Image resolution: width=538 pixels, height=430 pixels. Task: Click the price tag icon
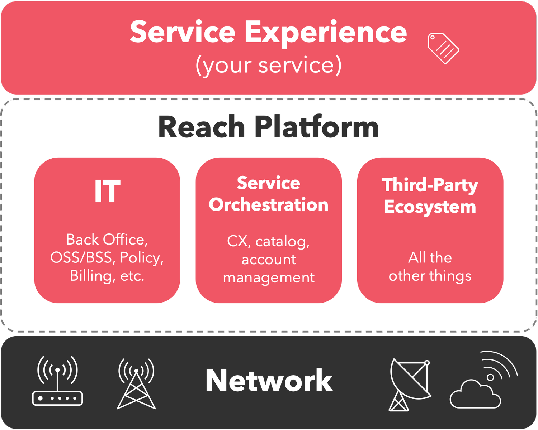pyautogui.click(x=443, y=48)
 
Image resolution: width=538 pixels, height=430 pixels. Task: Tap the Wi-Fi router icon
pyautogui.click(x=57, y=381)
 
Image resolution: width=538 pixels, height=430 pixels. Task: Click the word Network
pyautogui.click(x=269, y=381)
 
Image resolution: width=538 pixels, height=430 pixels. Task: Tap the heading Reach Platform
pyautogui.click(x=268, y=127)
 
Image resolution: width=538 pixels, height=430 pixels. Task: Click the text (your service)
pyautogui.click(x=268, y=66)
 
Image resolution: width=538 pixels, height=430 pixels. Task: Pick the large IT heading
pyautogui.click(x=107, y=192)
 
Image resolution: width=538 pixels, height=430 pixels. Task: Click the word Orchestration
pyautogui.click(x=268, y=205)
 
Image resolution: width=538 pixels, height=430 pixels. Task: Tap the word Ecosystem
pyautogui.click(x=430, y=207)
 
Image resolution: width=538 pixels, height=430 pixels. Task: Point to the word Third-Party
pyautogui.click(x=430, y=185)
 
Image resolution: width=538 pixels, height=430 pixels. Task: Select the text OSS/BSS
pyautogui.click(x=81, y=257)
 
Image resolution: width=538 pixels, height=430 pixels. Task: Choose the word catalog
pyautogui.click(x=282, y=242)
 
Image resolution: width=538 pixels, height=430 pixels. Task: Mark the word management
pyautogui.click(x=269, y=277)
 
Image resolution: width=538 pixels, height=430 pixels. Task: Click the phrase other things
pyautogui.click(x=430, y=276)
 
